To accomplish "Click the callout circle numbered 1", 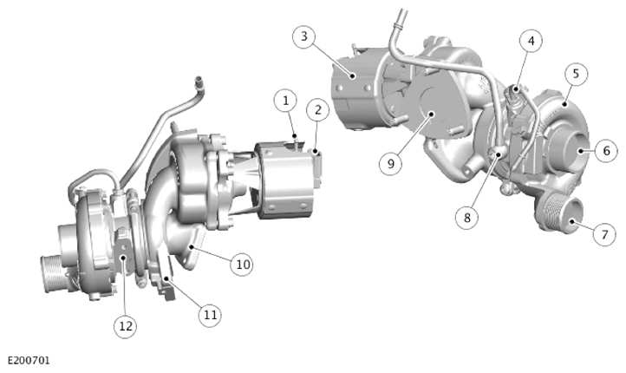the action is point(285,101).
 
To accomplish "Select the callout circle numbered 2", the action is point(318,110).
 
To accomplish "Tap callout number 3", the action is point(303,36).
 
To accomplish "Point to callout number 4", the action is point(531,41).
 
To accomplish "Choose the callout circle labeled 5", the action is point(576,74).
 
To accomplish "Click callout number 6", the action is point(606,151).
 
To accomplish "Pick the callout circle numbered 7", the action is point(604,234).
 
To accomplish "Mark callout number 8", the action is point(467,218).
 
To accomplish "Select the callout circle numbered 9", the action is point(390,163).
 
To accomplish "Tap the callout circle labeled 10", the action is point(242,265).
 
